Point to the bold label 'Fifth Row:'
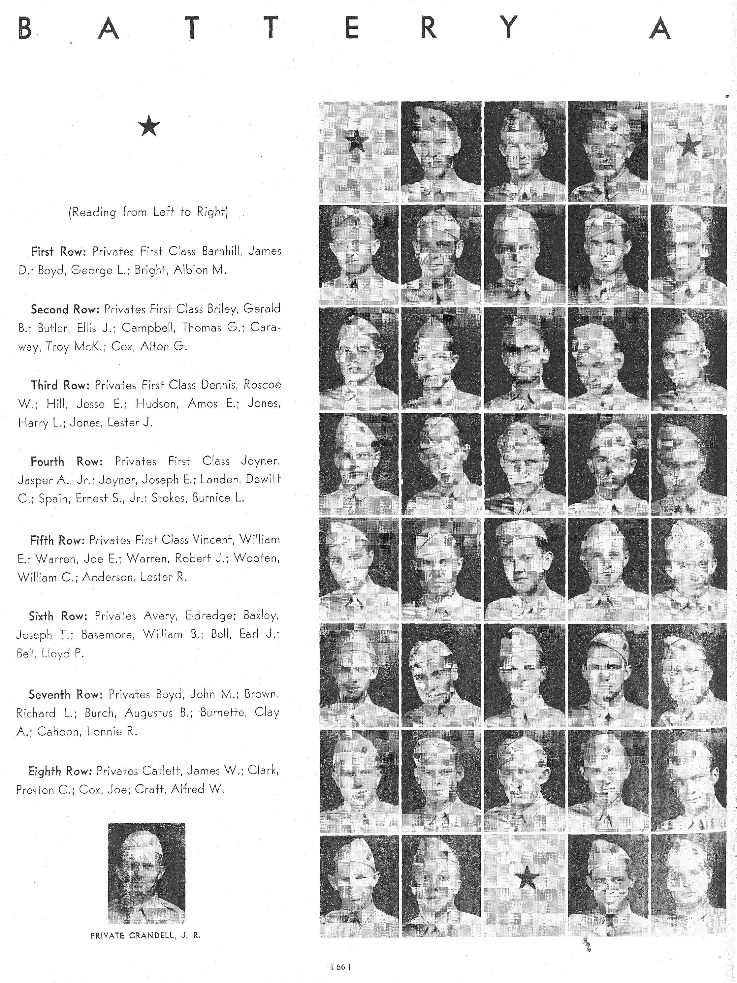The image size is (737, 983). click(57, 540)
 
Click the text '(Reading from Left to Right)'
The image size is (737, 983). click(148, 212)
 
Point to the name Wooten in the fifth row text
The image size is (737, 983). click(257, 558)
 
